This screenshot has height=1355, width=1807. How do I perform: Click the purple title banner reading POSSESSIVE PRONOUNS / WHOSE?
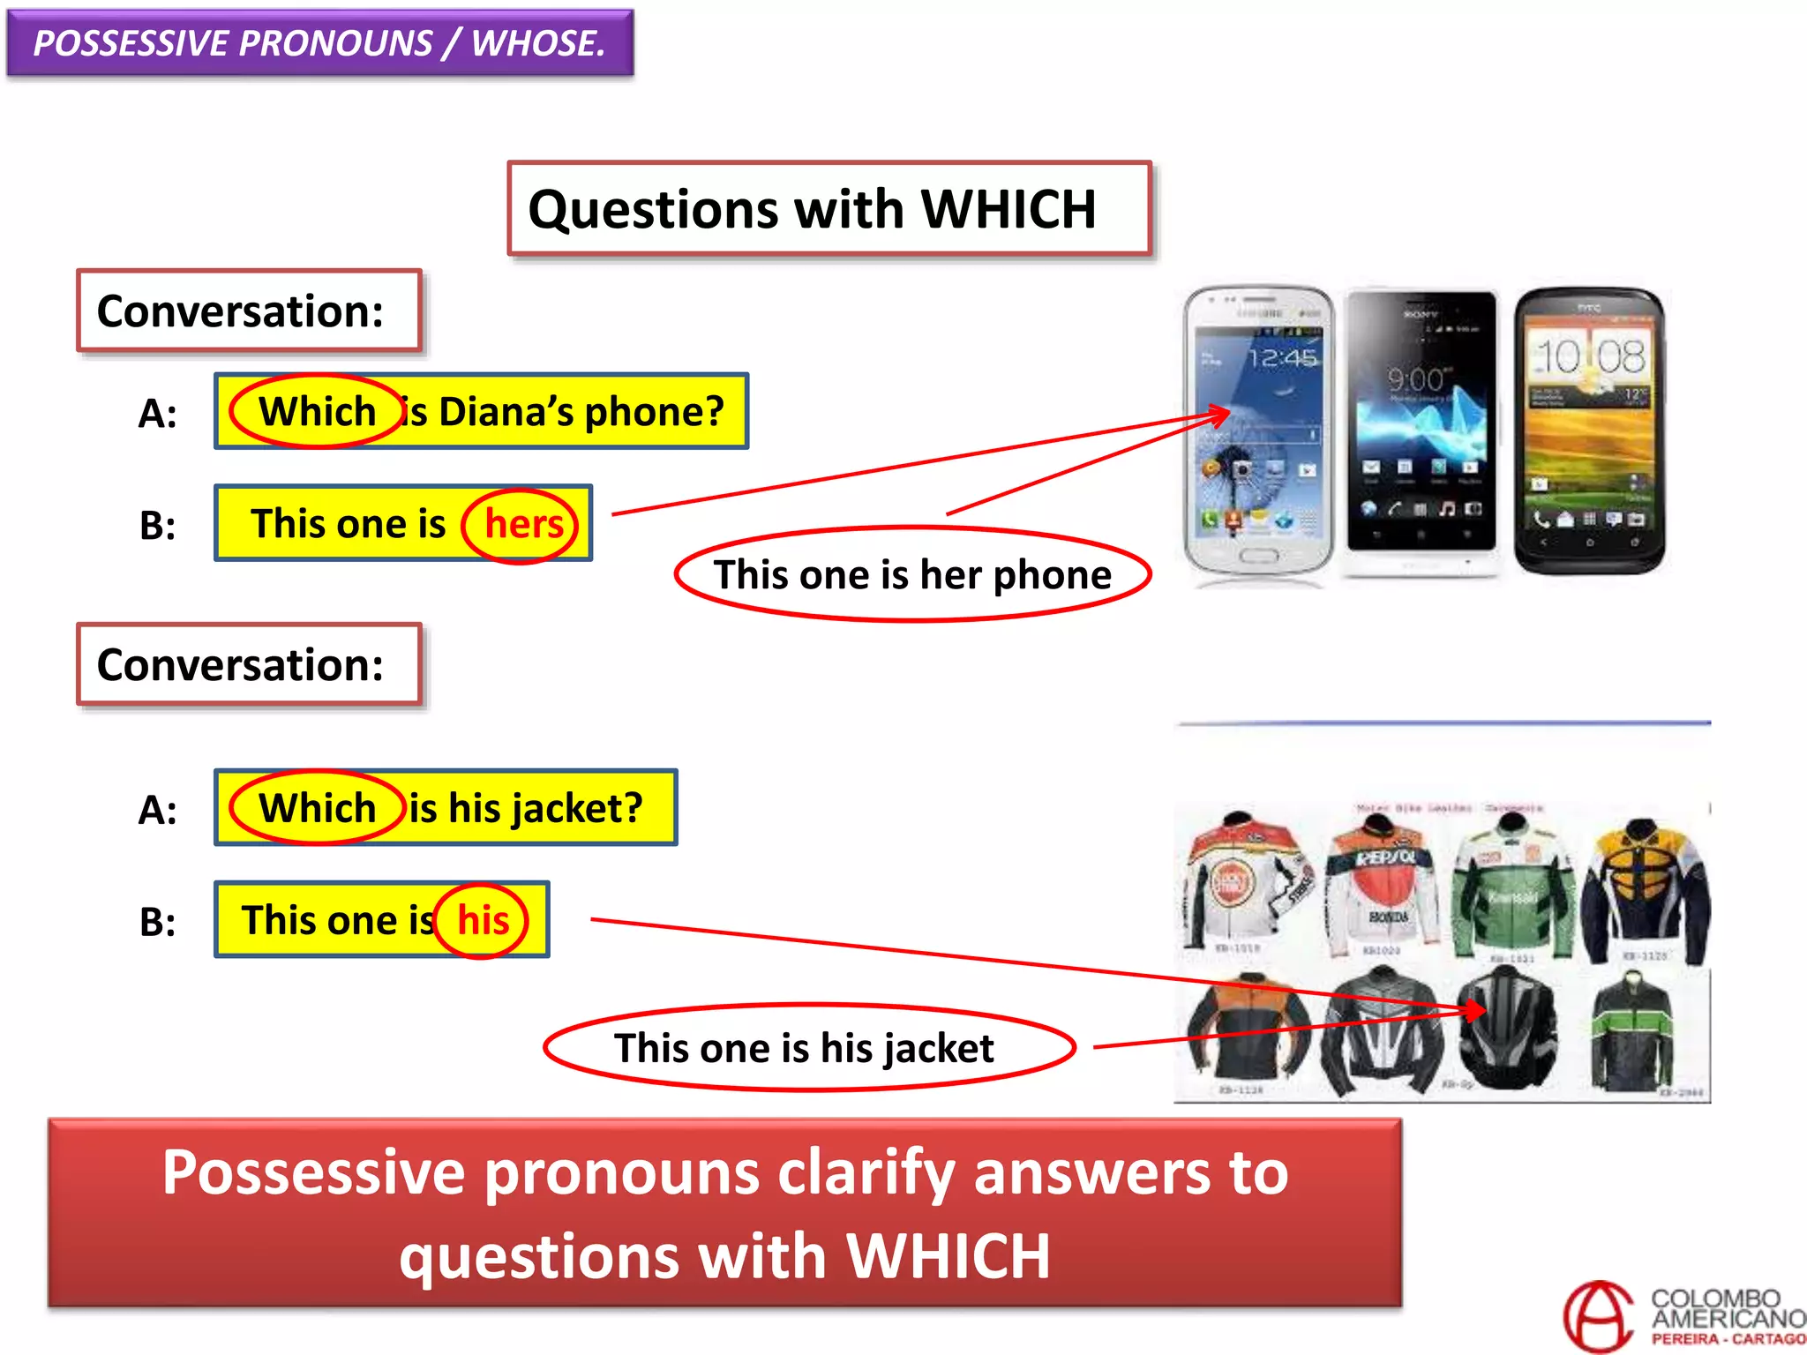point(319,43)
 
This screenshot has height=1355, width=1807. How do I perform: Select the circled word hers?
point(522,525)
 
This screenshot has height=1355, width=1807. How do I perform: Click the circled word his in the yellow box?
point(483,920)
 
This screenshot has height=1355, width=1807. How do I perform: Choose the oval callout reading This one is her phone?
point(912,575)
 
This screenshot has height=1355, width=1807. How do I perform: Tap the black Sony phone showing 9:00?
point(1421,423)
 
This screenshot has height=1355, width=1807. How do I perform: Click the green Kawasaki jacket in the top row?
point(1513,891)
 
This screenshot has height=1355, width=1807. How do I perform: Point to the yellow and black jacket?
point(1646,891)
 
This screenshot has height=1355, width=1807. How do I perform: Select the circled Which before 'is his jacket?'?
point(317,808)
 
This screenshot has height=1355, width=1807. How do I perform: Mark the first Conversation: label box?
point(249,311)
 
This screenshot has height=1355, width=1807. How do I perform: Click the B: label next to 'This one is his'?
point(158,922)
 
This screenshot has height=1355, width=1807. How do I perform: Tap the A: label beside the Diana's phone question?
point(158,413)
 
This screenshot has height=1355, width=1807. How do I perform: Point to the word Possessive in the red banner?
point(313,1173)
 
